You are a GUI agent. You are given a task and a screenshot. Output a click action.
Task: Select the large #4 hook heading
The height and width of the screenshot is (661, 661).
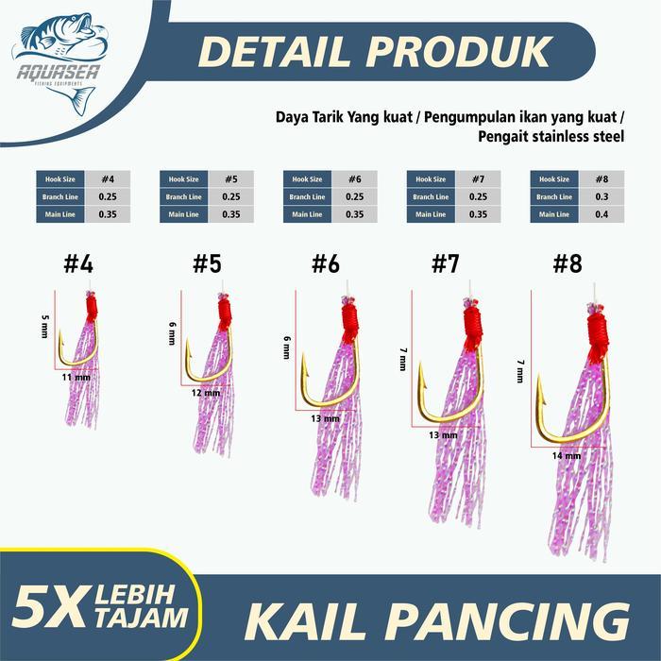[x=78, y=265]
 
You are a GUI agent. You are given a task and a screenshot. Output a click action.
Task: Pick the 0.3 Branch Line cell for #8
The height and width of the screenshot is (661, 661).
[x=602, y=196]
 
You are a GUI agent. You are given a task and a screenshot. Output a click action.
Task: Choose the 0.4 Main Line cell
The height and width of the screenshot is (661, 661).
[x=602, y=214]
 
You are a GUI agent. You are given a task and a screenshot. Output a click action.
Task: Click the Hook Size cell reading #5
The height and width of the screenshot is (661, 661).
[x=231, y=178]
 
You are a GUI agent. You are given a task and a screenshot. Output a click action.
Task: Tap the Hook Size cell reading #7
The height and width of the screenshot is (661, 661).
[x=479, y=178]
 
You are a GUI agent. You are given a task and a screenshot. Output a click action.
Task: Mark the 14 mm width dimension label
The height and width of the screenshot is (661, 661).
[x=566, y=455]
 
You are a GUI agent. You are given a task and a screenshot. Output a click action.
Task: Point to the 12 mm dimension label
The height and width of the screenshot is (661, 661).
[x=205, y=393]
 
